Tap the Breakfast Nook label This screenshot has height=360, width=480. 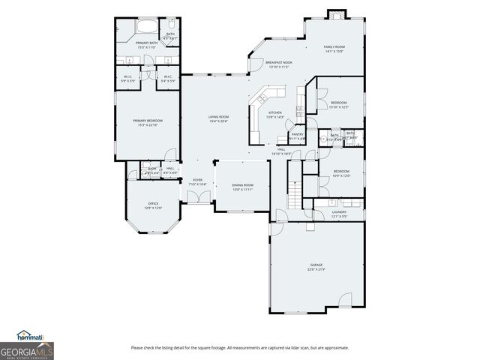click(278, 62)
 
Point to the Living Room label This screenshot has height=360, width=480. click(218, 117)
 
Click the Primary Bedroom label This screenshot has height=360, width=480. click(148, 120)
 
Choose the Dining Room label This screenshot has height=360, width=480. click(242, 184)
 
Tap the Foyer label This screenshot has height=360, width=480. click(197, 180)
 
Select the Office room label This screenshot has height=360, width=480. click(153, 203)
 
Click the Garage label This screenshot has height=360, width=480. click(316, 265)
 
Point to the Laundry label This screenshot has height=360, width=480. click(339, 212)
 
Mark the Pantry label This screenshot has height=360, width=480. click(297, 134)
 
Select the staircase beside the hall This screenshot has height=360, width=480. click(295, 193)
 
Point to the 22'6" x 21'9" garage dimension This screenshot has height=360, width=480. click(316, 269)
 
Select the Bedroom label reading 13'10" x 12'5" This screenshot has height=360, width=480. click(338, 104)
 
